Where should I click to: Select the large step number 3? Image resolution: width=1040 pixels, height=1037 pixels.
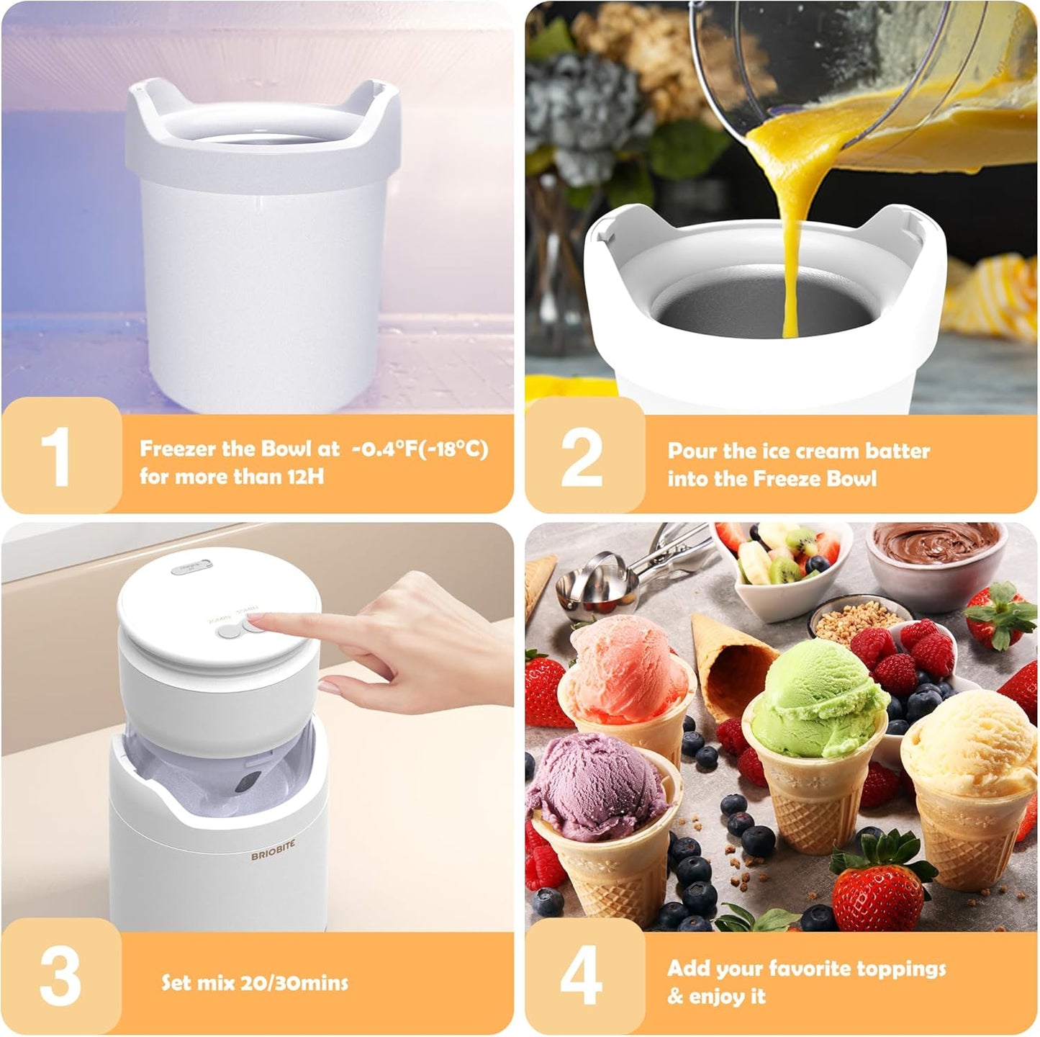(x=59, y=976)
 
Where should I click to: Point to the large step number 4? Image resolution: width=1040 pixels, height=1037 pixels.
(x=582, y=977)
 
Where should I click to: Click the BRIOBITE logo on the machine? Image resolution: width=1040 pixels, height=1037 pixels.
(x=273, y=850)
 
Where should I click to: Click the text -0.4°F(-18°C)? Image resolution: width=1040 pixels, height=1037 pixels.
(x=420, y=449)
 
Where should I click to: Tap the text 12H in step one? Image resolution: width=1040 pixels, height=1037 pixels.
(x=305, y=477)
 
